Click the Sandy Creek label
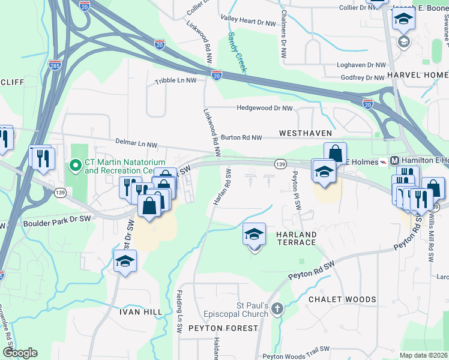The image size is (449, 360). pyautogui.click(x=237, y=52)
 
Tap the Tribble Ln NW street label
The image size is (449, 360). pyautogui.click(x=175, y=80)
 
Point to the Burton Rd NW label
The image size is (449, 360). pyautogui.click(x=241, y=137)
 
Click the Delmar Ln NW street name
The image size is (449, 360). pyautogui.click(x=136, y=144)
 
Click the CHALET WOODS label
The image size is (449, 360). pyautogui.click(x=342, y=299)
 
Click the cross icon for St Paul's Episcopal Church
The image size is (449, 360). pyautogui.click(x=277, y=310)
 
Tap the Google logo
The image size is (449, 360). pyautogui.click(x=20, y=353)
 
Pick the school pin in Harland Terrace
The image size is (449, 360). pyautogui.click(x=255, y=234)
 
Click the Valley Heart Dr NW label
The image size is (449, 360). pyautogui.click(x=247, y=20)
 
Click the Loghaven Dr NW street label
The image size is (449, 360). pyautogui.click(x=361, y=65)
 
